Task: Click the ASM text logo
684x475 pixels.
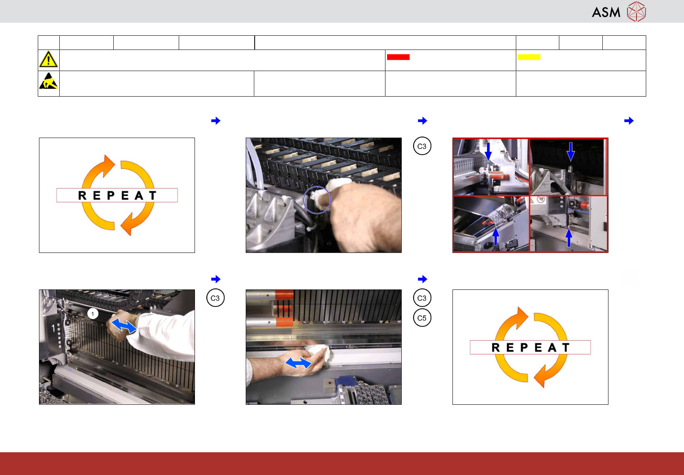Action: (x=606, y=12)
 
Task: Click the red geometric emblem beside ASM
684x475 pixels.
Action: (x=636, y=11)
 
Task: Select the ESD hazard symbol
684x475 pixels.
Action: (x=48, y=81)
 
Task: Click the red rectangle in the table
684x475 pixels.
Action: (x=398, y=57)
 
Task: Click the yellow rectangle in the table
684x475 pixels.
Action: (x=529, y=57)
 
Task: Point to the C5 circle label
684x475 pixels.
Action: (x=422, y=318)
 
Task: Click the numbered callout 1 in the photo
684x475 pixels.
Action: (x=93, y=313)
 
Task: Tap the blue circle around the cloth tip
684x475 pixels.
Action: (x=317, y=200)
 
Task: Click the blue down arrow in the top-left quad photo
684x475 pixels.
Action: (x=488, y=151)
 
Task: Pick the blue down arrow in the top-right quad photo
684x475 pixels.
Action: (x=570, y=151)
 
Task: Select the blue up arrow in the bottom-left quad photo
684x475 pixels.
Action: (x=496, y=237)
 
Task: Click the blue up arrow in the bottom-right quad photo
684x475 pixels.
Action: (x=569, y=237)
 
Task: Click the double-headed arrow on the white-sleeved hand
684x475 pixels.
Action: (x=123, y=326)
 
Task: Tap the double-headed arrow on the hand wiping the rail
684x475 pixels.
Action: (x=298, y=363)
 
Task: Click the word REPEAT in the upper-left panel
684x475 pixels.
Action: (x=117, y=195)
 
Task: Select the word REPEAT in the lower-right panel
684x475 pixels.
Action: (x=530, y=348)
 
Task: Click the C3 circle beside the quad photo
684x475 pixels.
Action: (x=422, y=146)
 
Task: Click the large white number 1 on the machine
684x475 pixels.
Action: (x=54, y=328)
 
